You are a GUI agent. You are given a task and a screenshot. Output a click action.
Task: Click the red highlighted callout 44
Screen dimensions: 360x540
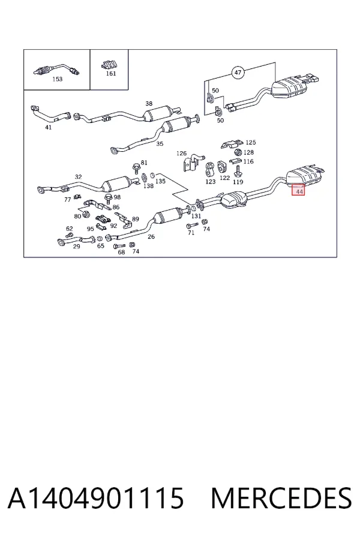298,190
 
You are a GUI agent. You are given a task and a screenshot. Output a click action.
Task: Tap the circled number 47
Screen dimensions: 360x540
238,73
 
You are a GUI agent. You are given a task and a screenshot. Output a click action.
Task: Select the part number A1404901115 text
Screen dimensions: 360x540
96,499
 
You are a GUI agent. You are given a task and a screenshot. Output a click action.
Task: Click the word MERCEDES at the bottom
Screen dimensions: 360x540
281,499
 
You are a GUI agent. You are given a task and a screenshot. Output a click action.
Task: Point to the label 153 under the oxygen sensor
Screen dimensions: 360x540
57,79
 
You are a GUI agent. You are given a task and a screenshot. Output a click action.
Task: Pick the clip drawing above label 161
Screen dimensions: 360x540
110,64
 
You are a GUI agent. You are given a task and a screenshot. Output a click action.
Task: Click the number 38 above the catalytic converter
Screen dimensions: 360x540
149,103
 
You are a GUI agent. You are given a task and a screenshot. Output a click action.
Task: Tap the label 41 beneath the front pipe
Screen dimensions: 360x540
48,127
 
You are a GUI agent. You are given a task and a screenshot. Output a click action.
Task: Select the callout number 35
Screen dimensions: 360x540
160,144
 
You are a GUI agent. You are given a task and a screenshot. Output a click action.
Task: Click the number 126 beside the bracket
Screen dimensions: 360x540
181,154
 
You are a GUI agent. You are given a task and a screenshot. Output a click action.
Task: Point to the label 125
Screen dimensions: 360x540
251,142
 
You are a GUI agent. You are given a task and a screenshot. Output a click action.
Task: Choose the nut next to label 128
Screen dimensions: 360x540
238,152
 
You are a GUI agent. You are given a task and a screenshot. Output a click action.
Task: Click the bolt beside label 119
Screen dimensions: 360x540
238,171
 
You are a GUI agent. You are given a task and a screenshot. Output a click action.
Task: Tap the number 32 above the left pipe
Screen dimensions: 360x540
79,177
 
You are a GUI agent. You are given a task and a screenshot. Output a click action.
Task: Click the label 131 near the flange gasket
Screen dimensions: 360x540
196,216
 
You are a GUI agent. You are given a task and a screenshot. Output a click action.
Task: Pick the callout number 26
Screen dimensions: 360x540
151,236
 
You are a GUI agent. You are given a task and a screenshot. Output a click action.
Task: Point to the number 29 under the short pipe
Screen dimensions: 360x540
76,247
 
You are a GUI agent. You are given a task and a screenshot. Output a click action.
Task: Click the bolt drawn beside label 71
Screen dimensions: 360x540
192,226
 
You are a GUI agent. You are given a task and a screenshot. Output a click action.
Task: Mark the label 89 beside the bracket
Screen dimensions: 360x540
136,219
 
